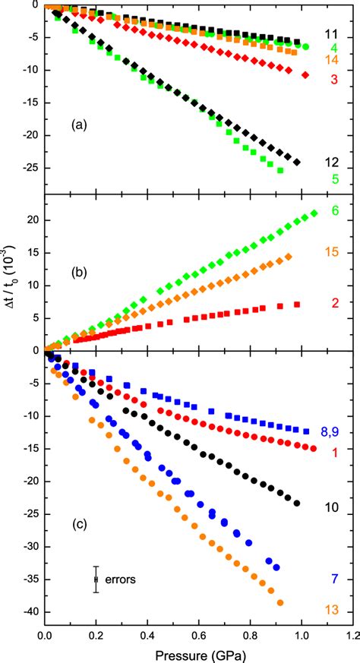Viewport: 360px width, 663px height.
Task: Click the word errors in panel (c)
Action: point(122,579)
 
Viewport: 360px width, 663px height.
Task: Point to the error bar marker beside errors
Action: point(96,579)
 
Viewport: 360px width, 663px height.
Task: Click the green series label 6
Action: point(334,210)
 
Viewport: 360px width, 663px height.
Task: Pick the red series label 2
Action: point(334,302)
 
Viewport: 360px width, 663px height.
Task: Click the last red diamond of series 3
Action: point(305,75)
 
